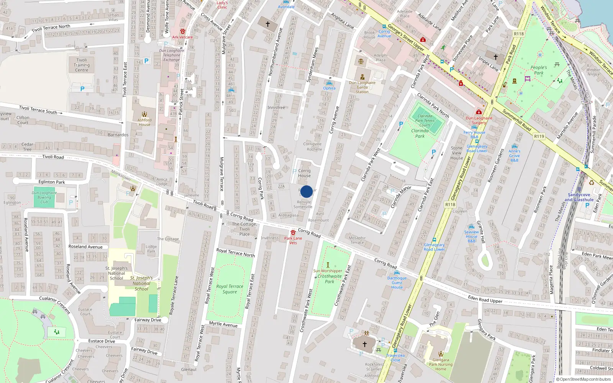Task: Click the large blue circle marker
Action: [306, 191]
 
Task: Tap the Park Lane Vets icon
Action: [293, 232]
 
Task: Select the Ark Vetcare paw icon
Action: [183, 31]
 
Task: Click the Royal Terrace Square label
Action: [229, 289]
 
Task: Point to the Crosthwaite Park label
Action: [329, 278]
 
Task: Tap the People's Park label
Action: [539, 70]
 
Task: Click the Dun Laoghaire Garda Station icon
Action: [362, 77]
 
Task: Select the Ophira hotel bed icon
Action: [329, 83]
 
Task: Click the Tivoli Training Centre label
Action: [82, 65]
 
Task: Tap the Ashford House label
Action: [144, 122]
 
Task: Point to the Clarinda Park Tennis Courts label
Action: [425, 120]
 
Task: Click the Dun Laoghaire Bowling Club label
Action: [44, 197]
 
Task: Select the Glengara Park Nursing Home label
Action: [441, 364]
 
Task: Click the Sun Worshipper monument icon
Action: [328, 265]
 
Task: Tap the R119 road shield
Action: [539, 136]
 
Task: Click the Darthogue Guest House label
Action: [397, 283]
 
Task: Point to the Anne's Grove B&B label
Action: [515, 155]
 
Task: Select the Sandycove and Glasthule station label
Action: [579, 197]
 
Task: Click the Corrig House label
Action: [304, 173]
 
